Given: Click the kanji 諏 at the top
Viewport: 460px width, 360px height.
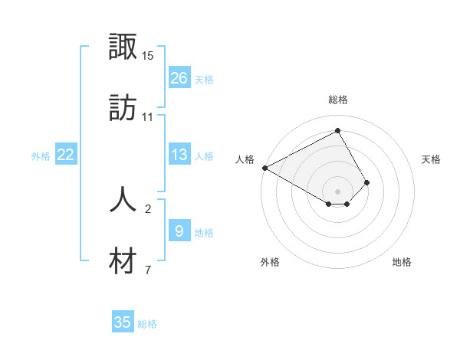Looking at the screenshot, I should (123, 47).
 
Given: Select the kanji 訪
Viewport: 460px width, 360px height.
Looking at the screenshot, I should (123, 108).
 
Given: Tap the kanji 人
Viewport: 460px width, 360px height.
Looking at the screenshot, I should (123, 198).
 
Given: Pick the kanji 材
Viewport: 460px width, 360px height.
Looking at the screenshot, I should (123, 261).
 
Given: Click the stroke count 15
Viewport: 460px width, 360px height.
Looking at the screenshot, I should (148, 56).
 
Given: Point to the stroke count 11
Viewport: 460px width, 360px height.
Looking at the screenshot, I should (148, 116).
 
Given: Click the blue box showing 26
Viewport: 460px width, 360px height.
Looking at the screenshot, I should (179, 78).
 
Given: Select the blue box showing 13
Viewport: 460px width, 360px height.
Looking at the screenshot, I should (179, 155).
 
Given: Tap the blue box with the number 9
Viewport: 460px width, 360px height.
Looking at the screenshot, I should (179, 231).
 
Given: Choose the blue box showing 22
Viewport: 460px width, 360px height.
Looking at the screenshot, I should (66, 155).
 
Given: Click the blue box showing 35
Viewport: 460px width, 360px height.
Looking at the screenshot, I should (123, 322).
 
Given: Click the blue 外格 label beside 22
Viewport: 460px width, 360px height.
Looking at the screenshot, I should (41, 156).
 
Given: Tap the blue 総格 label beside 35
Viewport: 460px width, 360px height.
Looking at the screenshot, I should (147, 324).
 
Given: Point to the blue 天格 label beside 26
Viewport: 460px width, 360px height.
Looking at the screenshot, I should (204, 79).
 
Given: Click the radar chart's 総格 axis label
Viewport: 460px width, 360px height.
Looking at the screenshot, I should (338, 100).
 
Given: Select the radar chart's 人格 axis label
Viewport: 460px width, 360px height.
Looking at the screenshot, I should (245, 159).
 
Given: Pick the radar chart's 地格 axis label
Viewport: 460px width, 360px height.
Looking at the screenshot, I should (402, 262).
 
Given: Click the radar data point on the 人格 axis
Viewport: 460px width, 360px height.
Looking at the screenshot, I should (264, 168).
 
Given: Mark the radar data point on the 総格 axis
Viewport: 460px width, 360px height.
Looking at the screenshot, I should (337, 131).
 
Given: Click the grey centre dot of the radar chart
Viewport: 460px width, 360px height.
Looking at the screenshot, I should (337, 191).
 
